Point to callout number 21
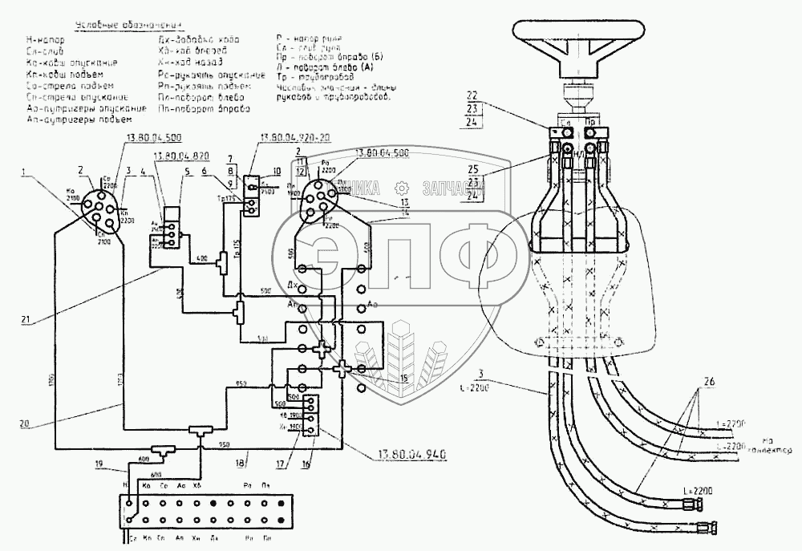point(26,320)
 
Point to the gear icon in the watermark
point(399,188)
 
